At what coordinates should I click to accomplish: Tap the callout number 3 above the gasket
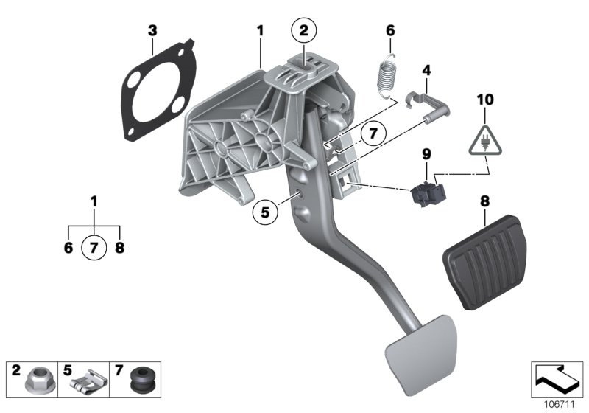click(x=152, y=30)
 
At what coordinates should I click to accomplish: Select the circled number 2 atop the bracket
click(x=303, y=30)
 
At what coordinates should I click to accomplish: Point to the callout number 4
click(x=425, y=71)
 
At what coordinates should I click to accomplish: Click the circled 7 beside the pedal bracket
click(x=373, y=133)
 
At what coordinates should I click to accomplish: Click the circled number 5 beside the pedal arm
click(x=265, y=212)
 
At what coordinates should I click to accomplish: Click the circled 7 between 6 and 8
click(x=94, y=248)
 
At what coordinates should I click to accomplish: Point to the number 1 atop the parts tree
click(x=94, y=201)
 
